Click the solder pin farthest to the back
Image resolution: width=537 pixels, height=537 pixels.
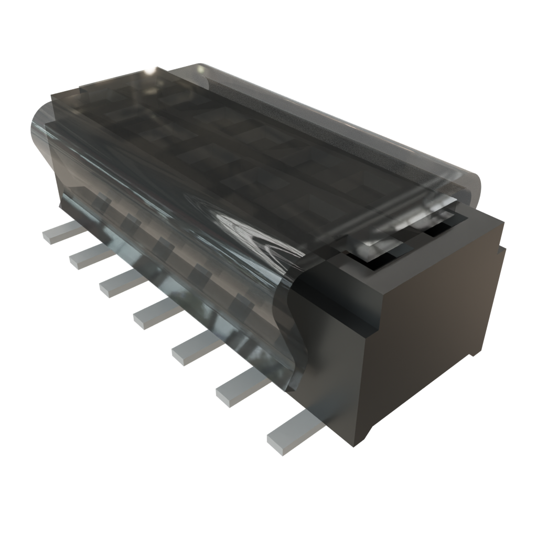[x=58, y=233]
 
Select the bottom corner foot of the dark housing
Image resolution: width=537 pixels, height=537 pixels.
[x=362, y=438]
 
